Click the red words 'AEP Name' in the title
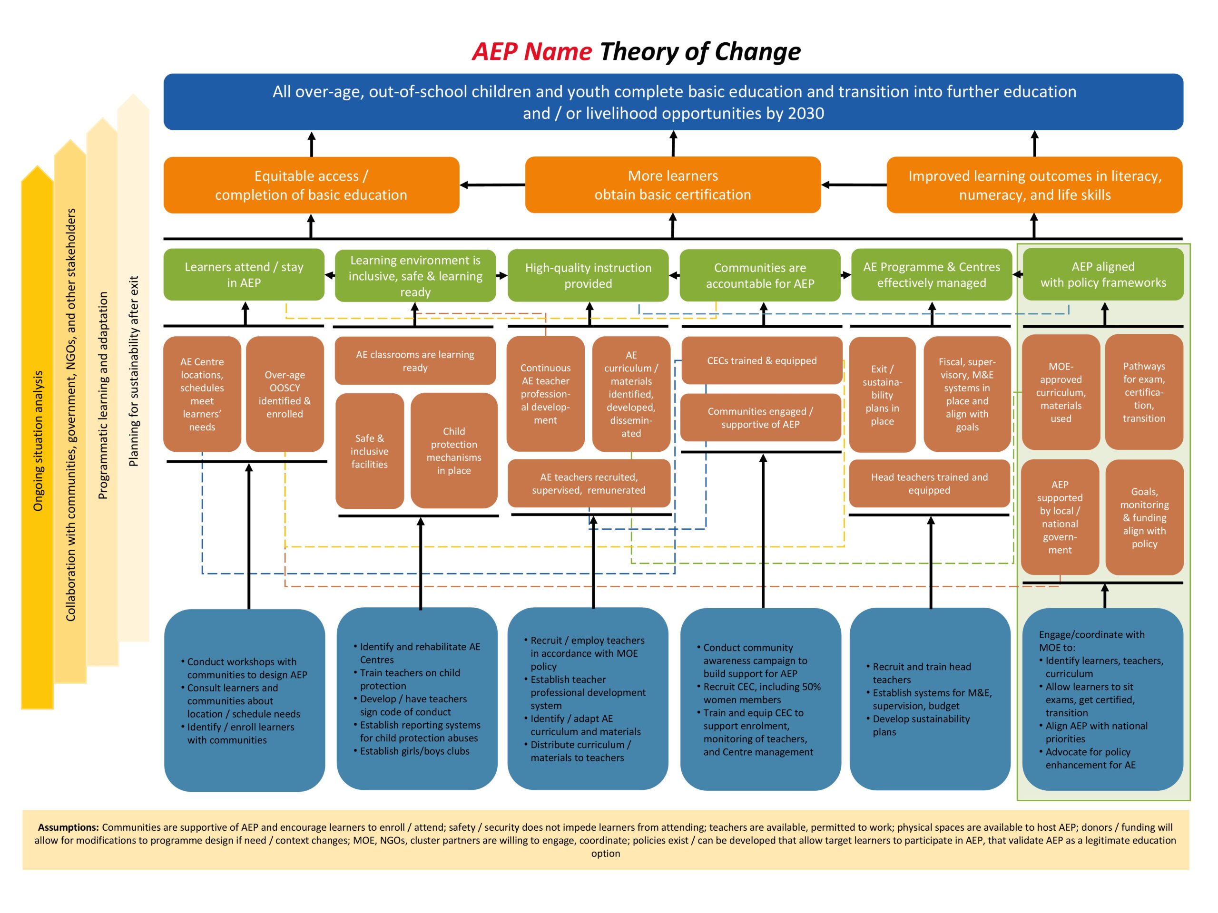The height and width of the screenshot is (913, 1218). pyautogui.click(x=532, y=52)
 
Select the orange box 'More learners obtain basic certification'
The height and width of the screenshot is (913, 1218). pyautogui.click(x=673, y=185)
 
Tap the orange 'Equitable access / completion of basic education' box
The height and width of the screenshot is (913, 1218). pyautogui.click(x=311, y=185)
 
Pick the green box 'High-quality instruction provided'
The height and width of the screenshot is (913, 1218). pyautogui.click(x=588, y=275)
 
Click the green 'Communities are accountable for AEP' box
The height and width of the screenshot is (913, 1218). pyautogui.click(x=760, y=275)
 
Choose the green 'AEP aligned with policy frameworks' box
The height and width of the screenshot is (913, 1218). pyautogui.click(x=1103, y=274)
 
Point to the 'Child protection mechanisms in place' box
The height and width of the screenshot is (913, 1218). pyautogui.click(x=454, y=451)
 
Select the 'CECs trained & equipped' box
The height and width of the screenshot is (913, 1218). pyautogui.click(x=762, y=360)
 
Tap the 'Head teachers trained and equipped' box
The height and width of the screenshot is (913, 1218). pyautogui.click(x=930, y=484)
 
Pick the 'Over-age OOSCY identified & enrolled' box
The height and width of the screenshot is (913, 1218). pyautogui.click(x=285, y=394)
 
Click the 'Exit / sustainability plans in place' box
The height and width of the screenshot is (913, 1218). pyautogui.click(x=882, y=395)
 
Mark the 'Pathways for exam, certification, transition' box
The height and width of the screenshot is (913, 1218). pyautogui.click(x=1144, y=392)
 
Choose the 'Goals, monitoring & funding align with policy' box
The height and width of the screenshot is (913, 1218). pyautogui.click(x=1145, y=517)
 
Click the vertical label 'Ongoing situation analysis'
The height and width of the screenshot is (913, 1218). pyautogui.click(x=38, y=441)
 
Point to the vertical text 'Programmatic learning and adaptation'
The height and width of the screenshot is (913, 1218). pyautogui.click(x=103, y=395)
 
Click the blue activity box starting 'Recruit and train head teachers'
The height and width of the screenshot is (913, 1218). pyautogui.click(x=930, y=699)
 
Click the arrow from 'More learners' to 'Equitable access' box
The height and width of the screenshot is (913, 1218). pyautogui.click(x=492, y=185)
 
